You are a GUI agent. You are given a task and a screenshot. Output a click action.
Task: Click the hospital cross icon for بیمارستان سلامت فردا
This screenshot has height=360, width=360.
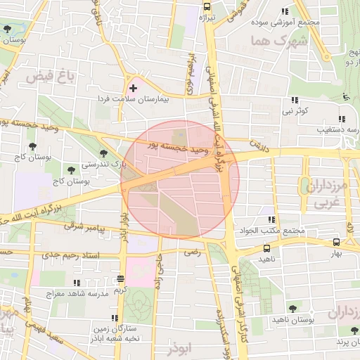pos(133,89)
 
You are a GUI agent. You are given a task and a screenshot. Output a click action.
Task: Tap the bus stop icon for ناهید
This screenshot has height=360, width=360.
pos(266,248)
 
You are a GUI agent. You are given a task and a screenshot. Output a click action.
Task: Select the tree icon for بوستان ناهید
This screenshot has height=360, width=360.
pos(292,308)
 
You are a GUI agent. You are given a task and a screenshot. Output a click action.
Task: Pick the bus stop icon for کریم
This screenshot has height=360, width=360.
pos(120,278)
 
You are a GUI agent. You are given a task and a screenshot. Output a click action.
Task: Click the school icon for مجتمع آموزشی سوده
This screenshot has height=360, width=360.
pos(284,11)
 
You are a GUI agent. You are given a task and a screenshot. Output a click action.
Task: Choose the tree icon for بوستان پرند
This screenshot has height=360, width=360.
pos(352,330)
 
